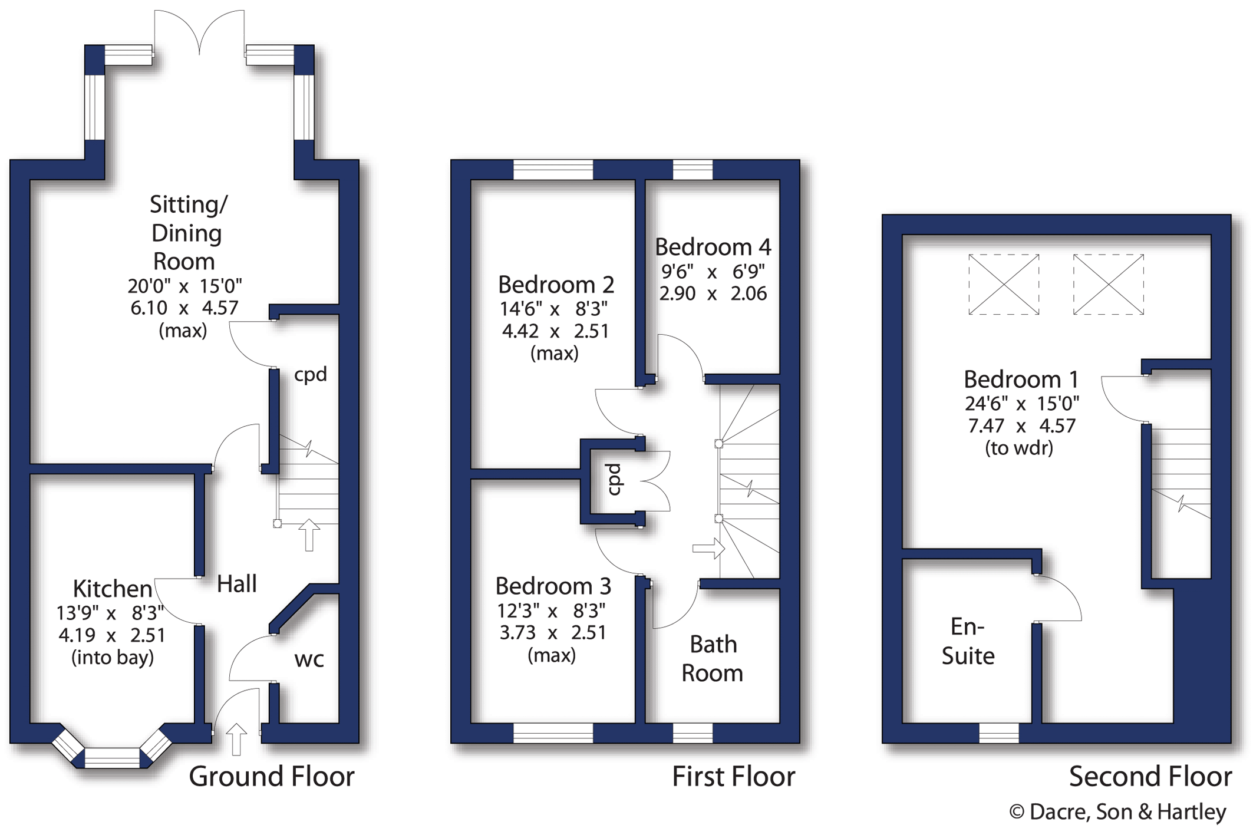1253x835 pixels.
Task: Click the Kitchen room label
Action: coord(113,588)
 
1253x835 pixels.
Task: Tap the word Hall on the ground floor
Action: coord(236,584)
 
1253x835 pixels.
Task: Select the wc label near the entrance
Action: coord(309,659)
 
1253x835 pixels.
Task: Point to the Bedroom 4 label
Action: coord(713,247)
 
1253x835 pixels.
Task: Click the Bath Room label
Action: coord(713,658)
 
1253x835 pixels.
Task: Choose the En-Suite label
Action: coord(968,641)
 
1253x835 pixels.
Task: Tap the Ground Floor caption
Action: coord(272,776)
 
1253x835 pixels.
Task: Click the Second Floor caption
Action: coord(1150,776)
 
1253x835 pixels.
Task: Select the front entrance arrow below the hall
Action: coord(236,739)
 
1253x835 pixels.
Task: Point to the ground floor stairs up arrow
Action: coord(309,535)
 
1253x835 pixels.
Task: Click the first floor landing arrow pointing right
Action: coord(708,549)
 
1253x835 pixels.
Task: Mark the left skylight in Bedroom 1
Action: coord(1004,285)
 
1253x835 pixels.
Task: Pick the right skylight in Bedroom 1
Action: coord(1109,285)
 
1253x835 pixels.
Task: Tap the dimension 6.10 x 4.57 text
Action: coord(184,308)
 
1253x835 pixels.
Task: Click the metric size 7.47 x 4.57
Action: coord(1021,425)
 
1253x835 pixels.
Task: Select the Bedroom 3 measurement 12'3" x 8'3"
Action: coord(551,611)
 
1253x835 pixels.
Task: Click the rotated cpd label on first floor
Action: coord(614,480)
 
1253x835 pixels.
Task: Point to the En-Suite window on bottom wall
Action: coord(999,733)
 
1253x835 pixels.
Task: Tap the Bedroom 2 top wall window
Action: coord(553,170)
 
